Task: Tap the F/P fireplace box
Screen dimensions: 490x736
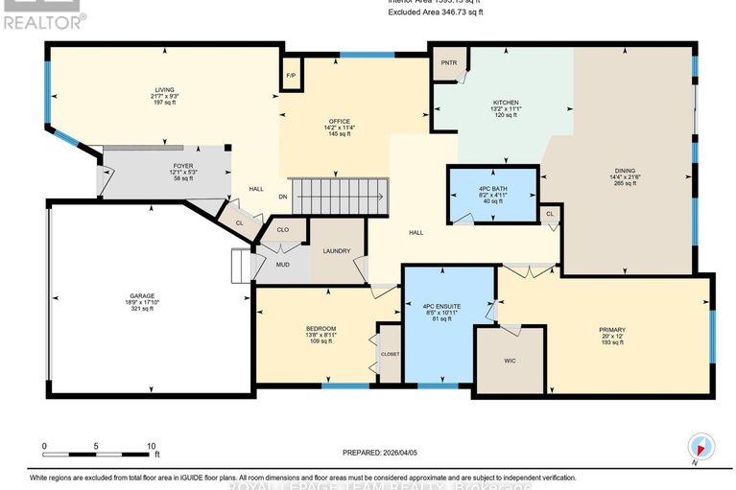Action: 291,76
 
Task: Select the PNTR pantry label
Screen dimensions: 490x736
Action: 448,63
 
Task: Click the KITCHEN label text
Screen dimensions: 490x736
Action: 506,103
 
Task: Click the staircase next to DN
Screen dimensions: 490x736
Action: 341,197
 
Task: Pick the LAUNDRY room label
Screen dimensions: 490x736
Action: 336,251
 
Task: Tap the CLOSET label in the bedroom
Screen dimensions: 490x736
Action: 390,354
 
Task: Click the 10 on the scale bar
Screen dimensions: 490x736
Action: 151,447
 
